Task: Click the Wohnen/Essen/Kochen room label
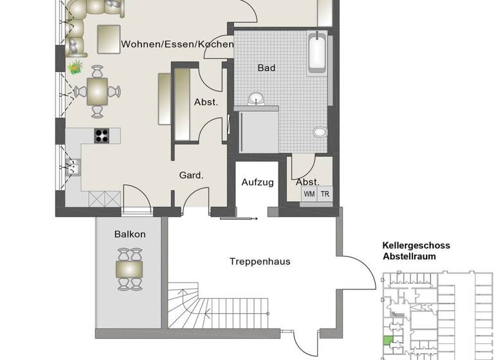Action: tap(178, 44)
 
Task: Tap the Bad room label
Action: tap(266, 67)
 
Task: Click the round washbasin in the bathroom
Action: tap(257, 98)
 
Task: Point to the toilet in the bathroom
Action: tap(320, 132)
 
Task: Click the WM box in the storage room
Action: tap(309, 193)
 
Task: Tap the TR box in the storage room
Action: tap(325, 193)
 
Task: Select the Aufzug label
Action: tap(257, 182)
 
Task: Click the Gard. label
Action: tap(191, 175)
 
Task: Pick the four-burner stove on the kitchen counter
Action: tap(102, 136)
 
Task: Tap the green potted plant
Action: tap(76, 66)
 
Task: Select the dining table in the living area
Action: tap(97, 91)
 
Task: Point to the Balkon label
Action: tap(130, 234)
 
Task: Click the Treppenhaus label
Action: tap(260, 261)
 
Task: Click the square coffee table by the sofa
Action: tap(109, 39)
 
